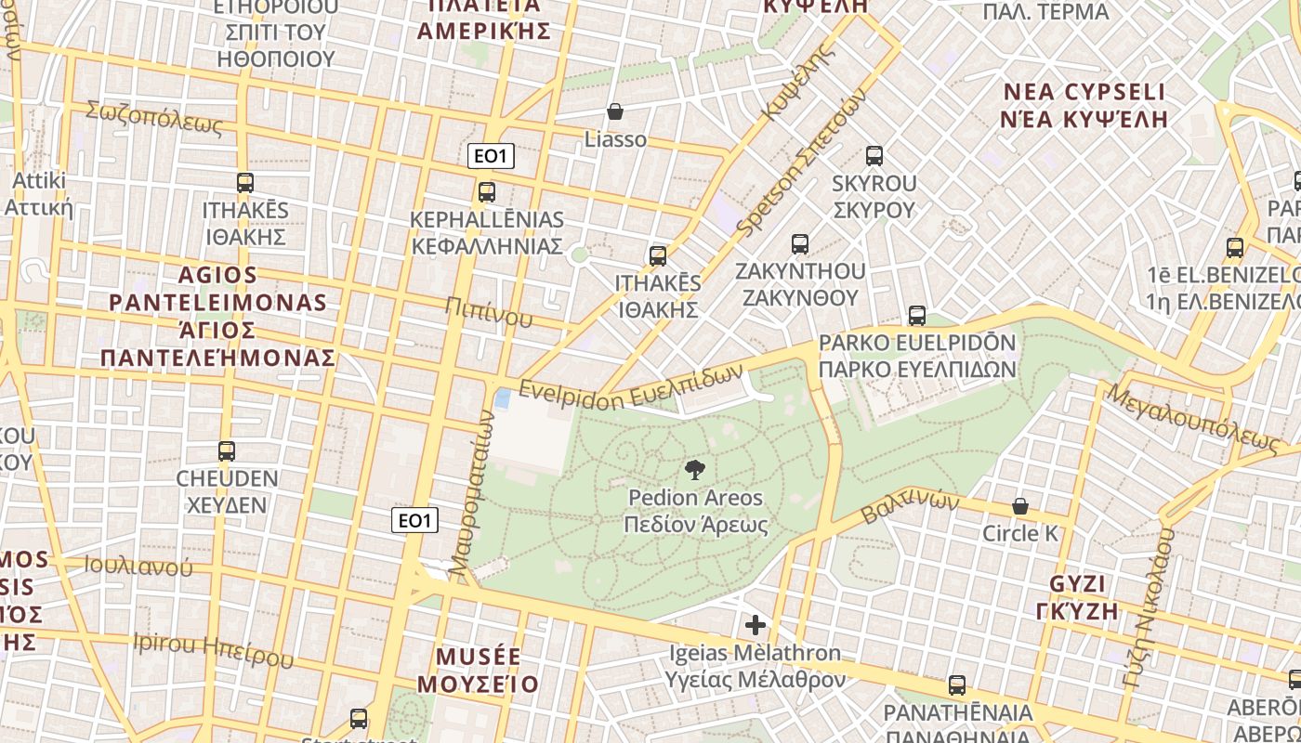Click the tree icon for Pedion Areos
coord(694,470)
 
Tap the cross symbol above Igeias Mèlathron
coord(756,625)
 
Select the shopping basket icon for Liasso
coord(615,112)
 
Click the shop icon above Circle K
coord(1020,506)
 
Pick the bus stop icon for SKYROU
coord(874,156)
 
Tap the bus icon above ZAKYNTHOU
coord(799,244)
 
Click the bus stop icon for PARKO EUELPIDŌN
coord(917,316)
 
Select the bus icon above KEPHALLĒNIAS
coord(486,192)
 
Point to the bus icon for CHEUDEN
coord(227,451)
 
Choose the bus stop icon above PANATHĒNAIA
coord(957,685)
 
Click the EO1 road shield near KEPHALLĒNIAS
coord(491,157)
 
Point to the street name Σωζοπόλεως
coord(154,117)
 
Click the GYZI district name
coord(1077,584)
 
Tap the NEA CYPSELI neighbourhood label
coord(1084,93)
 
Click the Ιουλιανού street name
coord(138,566)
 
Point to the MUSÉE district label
coord(479,657)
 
